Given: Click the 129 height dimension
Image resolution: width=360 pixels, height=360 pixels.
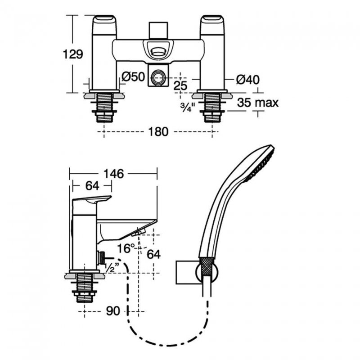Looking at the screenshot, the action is tap(73, 54).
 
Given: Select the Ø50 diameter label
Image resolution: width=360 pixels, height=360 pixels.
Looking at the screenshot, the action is tap(133, 76).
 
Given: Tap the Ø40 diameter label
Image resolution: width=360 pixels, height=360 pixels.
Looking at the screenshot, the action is tap(248, 80).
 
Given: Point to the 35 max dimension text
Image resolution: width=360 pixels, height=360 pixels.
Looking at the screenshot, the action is tap(257, 103).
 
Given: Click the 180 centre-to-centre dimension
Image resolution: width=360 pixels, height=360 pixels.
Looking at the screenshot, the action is tap(158, 132).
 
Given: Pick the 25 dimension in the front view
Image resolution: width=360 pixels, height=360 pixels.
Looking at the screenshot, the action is tap(180, 85).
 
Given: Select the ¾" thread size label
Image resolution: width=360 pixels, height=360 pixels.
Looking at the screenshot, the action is tap(188, 107).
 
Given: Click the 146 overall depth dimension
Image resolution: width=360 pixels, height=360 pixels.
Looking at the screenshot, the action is tap(114, 174).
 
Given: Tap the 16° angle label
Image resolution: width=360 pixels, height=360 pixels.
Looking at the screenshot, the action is tap(126, 248).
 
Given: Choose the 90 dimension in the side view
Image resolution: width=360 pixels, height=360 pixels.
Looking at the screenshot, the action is tap(113, 311).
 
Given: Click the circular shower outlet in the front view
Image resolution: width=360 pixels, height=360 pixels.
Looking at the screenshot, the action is tap(158, 77).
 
